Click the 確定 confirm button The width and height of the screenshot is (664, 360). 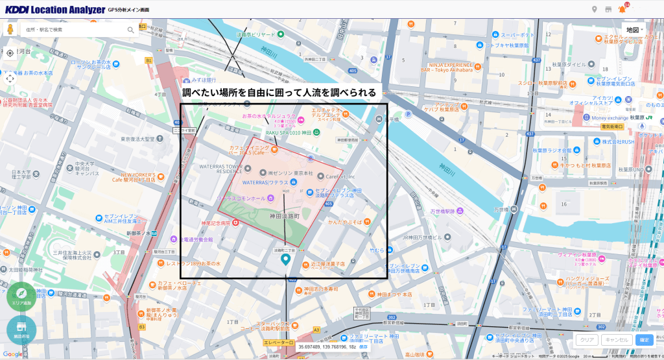click(644, 339)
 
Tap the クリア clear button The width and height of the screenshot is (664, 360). click(587, 339)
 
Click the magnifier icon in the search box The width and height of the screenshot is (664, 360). click(130, 30)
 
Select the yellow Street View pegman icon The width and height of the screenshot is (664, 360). click(10, 30)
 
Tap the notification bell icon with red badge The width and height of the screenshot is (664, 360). click(622, 9)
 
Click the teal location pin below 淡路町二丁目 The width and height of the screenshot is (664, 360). click(285, 259)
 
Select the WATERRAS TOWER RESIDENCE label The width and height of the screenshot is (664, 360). click(220, 169)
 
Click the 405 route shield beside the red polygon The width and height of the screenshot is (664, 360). click(329, 204)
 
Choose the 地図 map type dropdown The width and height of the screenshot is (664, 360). click(633, 30)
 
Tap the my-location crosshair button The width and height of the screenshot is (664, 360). click(10, 53)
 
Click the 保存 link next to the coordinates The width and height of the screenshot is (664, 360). click(363, 347)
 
